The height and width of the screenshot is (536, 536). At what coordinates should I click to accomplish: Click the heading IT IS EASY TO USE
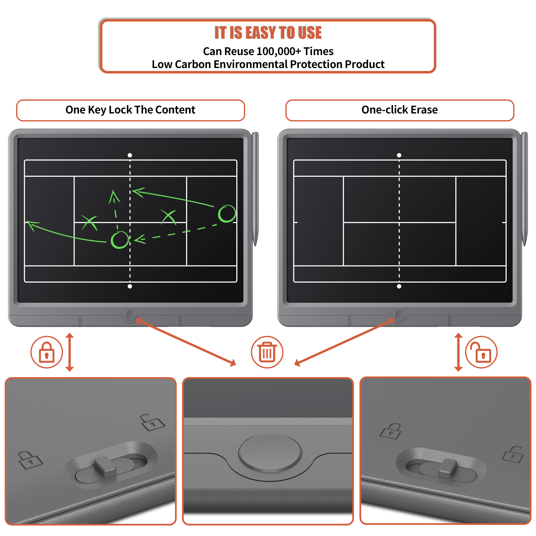(x=268, y=33)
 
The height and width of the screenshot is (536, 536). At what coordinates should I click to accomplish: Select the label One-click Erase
(x=399, y=110)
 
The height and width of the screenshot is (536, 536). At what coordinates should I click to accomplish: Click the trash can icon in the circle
(x=267, y=352)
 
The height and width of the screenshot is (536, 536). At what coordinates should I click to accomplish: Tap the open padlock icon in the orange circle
(x=481, y=352)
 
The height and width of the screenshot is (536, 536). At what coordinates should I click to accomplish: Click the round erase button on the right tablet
(x=399, y=315)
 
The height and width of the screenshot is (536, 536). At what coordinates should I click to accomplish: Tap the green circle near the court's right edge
(x=227, y=214)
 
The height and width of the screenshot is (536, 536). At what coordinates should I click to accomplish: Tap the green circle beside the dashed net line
(x=120, y=240)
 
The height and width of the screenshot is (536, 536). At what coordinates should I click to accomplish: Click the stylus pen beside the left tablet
(x=255, y=189)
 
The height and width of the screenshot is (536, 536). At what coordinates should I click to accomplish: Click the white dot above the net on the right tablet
(x=399, y=155)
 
